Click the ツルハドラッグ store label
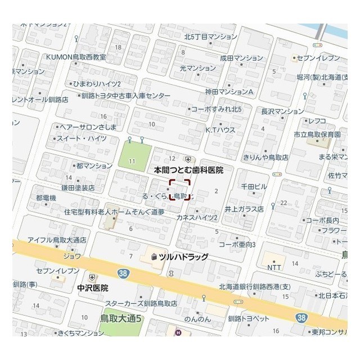(183, 257)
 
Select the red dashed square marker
(180, 189)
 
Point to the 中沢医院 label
(93, 287)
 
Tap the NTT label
(274, 268)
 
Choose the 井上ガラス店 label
(244, 208)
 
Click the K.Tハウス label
(220, 129)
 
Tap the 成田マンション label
(241, 57)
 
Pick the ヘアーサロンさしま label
(88, 127)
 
